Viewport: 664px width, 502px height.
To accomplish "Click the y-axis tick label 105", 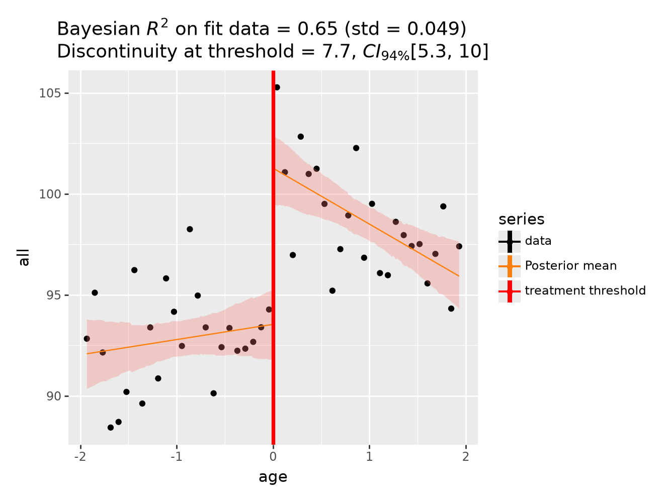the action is click(50, 93).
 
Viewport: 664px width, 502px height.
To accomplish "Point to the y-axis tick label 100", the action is click(50, 194).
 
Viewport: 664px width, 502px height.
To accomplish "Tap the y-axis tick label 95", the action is click(53, 295).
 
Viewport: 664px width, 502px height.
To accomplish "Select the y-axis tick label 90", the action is click(53, 395).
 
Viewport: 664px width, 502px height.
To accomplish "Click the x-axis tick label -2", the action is click(80, 456).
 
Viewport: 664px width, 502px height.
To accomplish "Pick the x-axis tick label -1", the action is click(177, 456).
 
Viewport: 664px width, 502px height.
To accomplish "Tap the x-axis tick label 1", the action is click(369, 456).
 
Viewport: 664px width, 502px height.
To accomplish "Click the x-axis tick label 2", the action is click(466, 456).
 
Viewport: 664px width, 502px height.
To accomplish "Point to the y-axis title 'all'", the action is click(23, 258).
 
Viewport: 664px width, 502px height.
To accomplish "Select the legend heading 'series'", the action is click(521, 219).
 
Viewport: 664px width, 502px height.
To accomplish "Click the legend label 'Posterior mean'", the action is click(570, 266).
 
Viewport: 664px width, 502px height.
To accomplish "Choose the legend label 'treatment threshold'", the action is click(585, 290).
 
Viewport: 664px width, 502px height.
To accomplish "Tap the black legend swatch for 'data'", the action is click(510, 241).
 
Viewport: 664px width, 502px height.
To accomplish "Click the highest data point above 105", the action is click(277, 87).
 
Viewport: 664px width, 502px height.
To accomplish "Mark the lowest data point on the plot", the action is click(110, 428).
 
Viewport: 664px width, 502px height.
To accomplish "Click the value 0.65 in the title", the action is click(317, 29).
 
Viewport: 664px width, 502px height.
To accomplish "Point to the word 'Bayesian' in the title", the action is click(98, 29).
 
